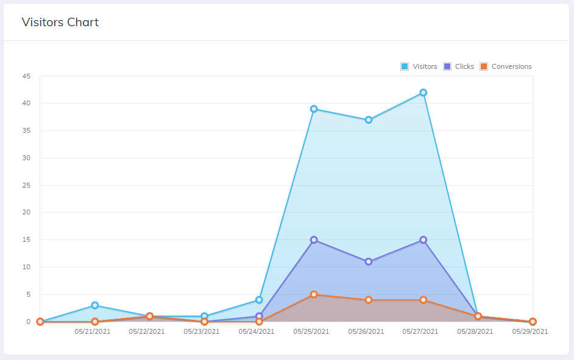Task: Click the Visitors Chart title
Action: point(60,23)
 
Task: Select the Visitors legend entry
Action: point(419,66)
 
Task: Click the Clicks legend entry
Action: point(459,66)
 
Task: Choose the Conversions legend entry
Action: point(506,66)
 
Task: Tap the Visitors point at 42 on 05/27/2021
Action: point(423,93)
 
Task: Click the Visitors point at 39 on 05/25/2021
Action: point(314,109)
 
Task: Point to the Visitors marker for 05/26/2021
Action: point(369,120)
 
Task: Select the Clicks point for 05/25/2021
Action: point(314,240)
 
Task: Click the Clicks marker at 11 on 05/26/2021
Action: point(369,262)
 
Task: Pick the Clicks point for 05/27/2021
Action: point(423,240)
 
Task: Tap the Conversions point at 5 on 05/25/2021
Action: point(314,294)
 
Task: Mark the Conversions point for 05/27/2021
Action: point(423,300)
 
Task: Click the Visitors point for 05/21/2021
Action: point(95,305)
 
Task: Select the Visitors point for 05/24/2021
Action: point(259,300)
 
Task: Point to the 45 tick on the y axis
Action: point(26,76)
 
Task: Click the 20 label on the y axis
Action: point(26,213)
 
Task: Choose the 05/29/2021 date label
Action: point(530,332)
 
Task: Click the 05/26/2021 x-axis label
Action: point(366,332)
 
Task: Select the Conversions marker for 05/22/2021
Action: point(149,316)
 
